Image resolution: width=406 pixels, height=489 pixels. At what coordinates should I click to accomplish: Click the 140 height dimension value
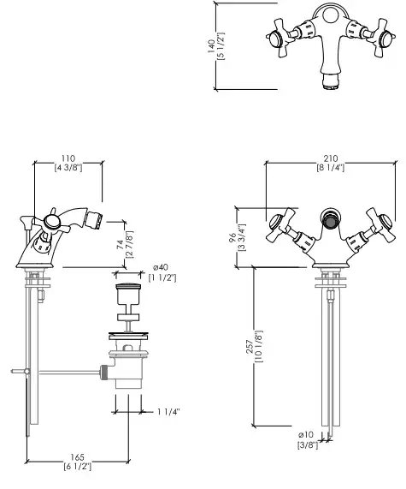click(211, 46)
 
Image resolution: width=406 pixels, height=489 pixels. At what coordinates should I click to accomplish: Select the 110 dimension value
click(68, 158)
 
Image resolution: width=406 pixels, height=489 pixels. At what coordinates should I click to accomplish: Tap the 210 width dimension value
click(331, 158)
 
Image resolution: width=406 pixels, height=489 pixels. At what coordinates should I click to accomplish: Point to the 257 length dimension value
click(250, 347)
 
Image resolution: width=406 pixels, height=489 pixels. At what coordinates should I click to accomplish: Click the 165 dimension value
click(77, 457)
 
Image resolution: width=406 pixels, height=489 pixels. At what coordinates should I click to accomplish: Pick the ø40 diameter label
click(161, 267)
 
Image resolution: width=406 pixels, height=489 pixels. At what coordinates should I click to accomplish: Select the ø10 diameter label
click(306, 434)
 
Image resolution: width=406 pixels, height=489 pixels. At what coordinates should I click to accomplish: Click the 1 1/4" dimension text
click(168, 412)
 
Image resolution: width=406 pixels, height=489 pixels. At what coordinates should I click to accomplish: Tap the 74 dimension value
click(121, 245)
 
